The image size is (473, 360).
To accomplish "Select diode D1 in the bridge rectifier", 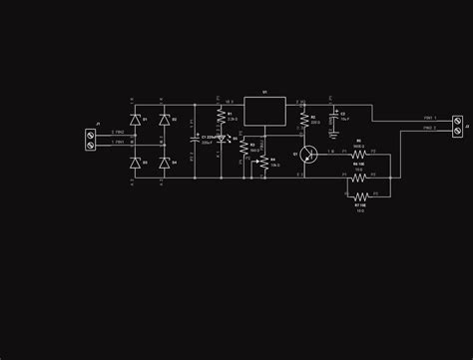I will [137, 121].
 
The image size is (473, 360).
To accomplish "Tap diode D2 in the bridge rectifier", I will [165, 121].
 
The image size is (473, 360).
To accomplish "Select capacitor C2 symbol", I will [333, 117].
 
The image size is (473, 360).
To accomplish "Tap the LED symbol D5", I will [221, 139].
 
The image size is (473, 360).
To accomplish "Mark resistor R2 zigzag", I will [302, 120].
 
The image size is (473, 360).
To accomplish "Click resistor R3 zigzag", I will [242, 147].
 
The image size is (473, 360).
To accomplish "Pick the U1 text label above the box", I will [264, 92].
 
